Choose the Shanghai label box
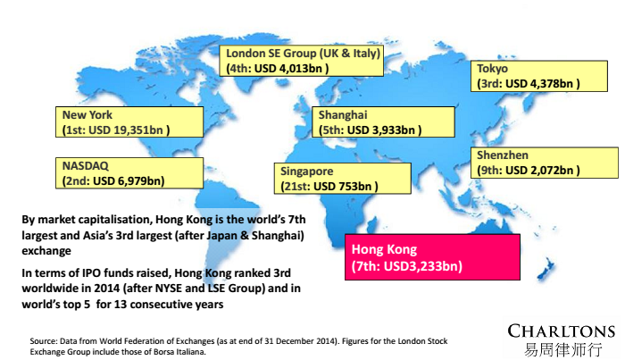click(x=379, y=122)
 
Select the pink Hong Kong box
click(x=431, y=256)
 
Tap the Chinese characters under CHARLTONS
click(x=561, y=348)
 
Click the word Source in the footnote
click(x=44, y=341)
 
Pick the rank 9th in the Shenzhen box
click(x=488, y=171)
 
